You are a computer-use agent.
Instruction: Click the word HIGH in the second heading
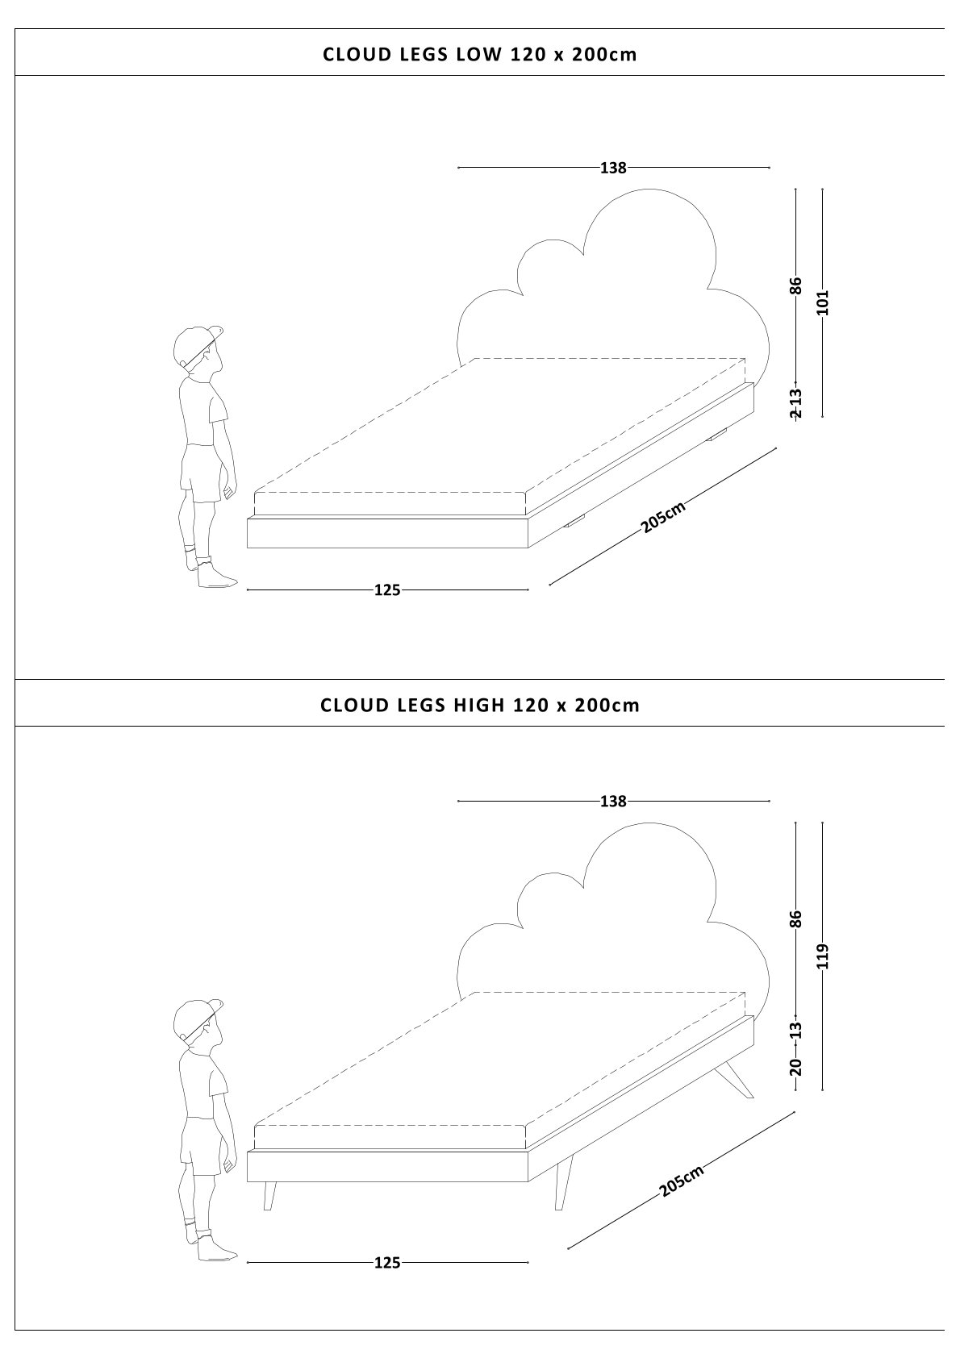pyautogui.click(x=478, y=705)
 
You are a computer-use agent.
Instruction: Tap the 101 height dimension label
pyautogui.click(x=823, y=302)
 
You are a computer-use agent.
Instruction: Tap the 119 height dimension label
pyautogui.click(x=823, y=956)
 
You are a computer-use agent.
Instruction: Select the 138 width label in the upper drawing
pyautogui.click(x=613, y=168)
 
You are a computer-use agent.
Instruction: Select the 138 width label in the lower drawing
pyautogui.click(x=613, y=802)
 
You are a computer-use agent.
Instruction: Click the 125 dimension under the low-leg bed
pyautogui.click(x=387, y=589)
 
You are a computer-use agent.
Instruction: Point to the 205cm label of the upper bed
pyautogui.click(x=663, y=517)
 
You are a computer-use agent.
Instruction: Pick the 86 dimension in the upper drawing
pyautogui.click(x=796, y=285)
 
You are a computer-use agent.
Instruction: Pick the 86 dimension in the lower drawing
pyautogui.click(x=796, y=919)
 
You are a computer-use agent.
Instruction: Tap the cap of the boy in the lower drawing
pyautogui.click(x=196, y=1018)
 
